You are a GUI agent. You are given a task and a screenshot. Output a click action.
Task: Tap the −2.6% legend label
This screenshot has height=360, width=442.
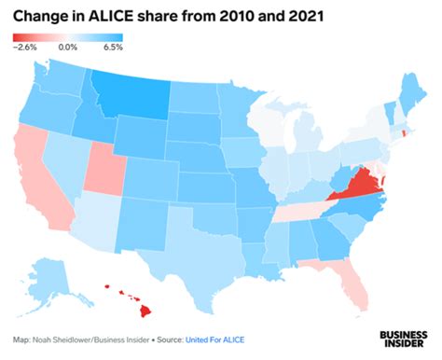pyautogui.click(x=25, y=47)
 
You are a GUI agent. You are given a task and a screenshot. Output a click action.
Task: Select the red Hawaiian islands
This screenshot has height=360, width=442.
pyautogui.click(x=131, y=307)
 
